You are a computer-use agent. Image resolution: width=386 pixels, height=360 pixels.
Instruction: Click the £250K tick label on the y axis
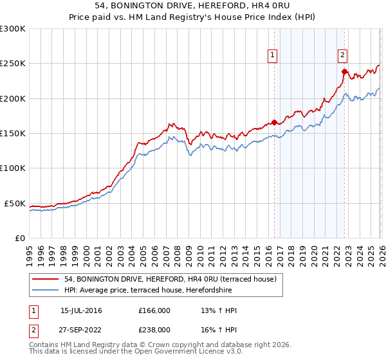pos(13,64)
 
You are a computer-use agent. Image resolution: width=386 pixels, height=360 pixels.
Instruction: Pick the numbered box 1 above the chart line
pos(273,56)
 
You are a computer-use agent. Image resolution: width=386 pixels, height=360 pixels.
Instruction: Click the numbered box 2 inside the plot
pos(343,56)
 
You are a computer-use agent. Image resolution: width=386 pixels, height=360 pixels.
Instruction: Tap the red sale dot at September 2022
pos(345,71)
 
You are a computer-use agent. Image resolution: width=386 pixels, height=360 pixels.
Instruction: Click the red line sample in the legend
pos(46,279)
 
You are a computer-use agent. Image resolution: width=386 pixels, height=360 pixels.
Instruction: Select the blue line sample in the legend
pos(46,289)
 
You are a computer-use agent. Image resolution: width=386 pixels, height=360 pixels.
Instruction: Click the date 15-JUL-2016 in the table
pos(81,310)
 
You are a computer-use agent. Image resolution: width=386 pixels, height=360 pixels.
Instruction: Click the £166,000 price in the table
pos(154,310)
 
